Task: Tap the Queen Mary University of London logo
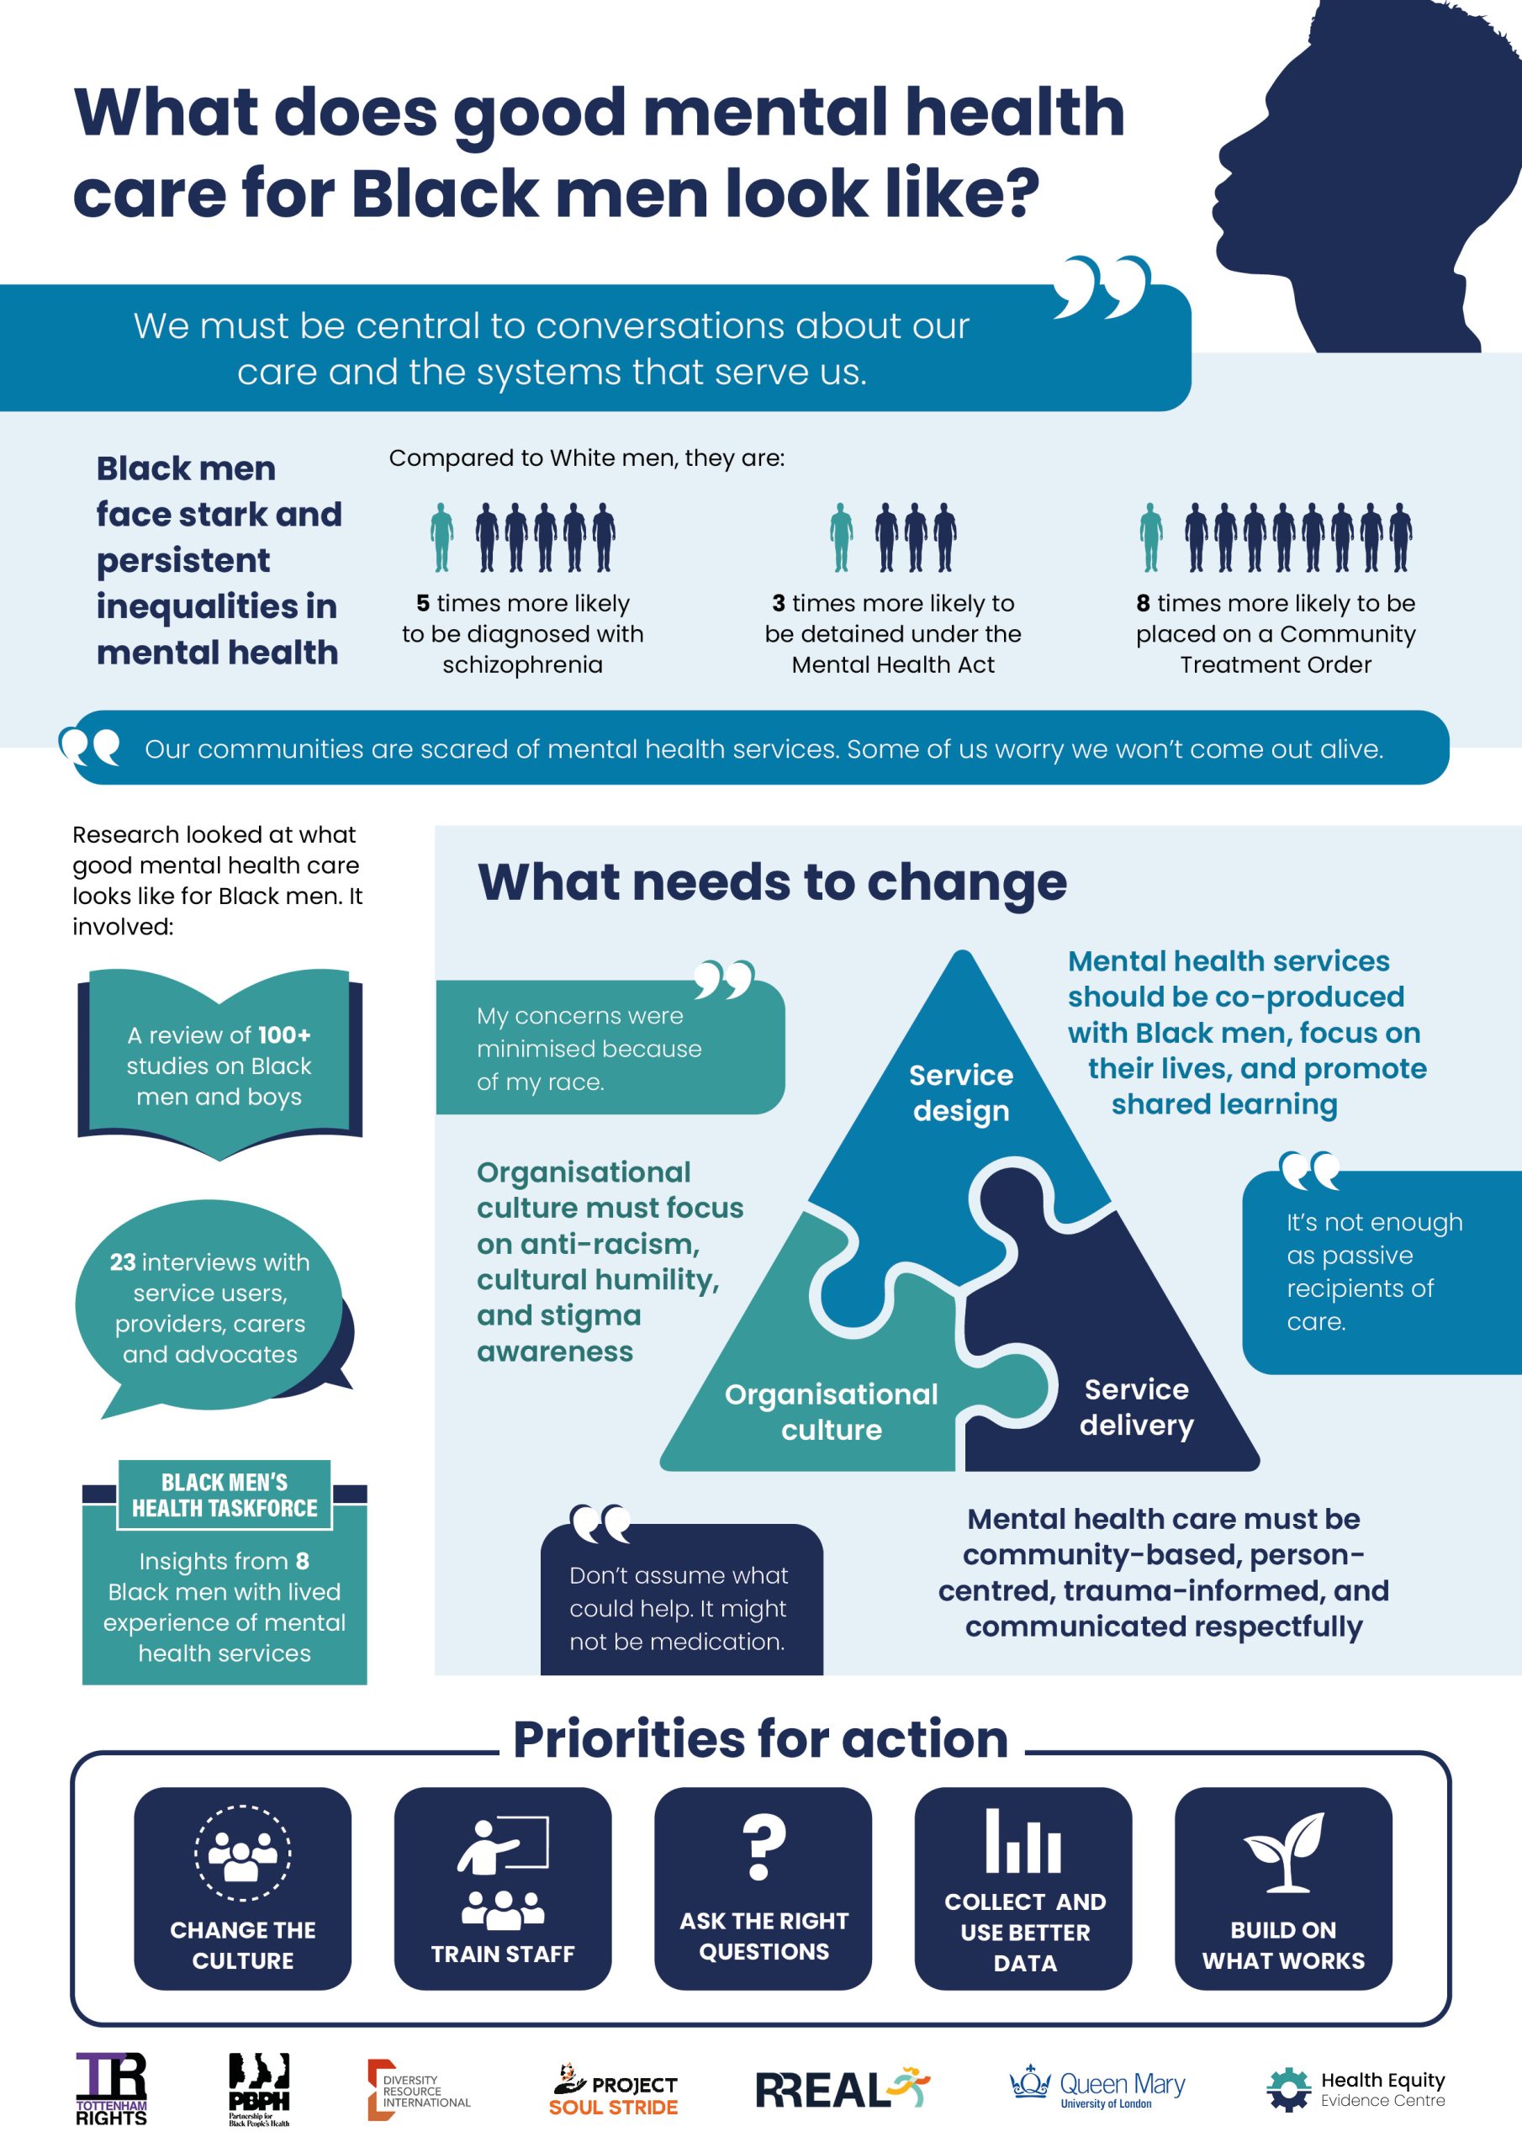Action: (x=1097, y=2087)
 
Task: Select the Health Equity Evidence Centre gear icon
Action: (x=1288, y=2090)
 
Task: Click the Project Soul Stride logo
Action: (x=613, y=2090)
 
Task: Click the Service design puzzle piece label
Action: (x=961, y=1092)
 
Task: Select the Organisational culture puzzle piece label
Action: (x=832, y=1411)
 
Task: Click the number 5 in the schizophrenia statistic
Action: (x=423, y=603)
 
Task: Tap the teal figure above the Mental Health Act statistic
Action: (x=841, y=537)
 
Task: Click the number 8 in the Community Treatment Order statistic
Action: (x=1143, y=603)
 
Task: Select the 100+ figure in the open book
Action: (x=284, y=1035)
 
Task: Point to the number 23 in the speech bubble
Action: (x=123, y=1262)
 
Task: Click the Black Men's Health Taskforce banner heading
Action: (x=225, y=1494)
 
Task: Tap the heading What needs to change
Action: (x=772, y=882)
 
